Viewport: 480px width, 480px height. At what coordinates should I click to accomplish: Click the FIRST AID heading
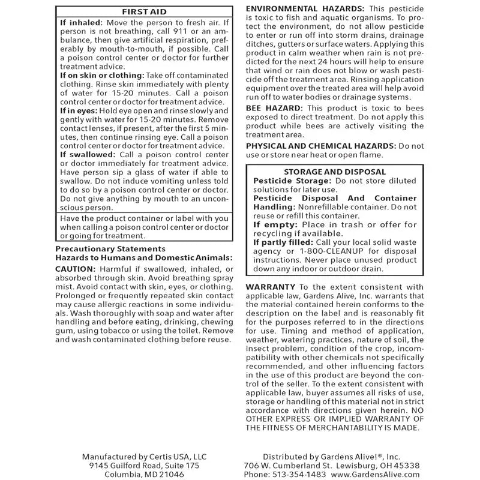coord(144,11)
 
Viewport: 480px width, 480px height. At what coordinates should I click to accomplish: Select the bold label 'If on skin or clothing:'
coord(102,76)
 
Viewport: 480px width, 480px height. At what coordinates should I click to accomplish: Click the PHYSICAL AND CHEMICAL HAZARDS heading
coord(321,146)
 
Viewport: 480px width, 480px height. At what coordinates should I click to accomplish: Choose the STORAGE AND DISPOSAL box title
coord(335,172)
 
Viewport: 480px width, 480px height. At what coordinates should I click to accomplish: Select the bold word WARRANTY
coord(271,287)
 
